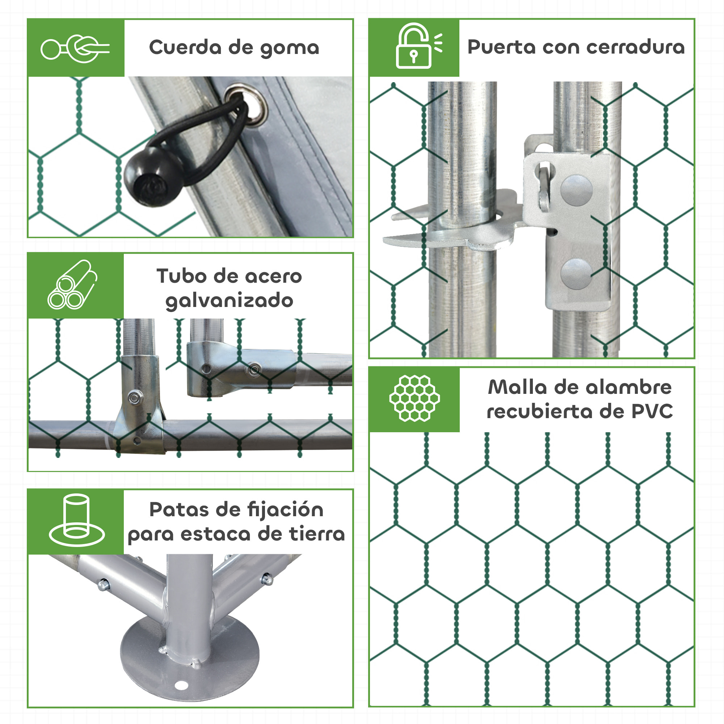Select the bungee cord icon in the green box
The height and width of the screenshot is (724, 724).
(75, 49)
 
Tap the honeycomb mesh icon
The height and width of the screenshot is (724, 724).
(414, 398)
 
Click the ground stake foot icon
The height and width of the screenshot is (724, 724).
(76, 521)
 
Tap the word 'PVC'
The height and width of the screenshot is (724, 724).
(652, 412)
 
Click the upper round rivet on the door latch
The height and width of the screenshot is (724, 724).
(576, 191)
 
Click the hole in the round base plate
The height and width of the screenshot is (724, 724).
(181, 686)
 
